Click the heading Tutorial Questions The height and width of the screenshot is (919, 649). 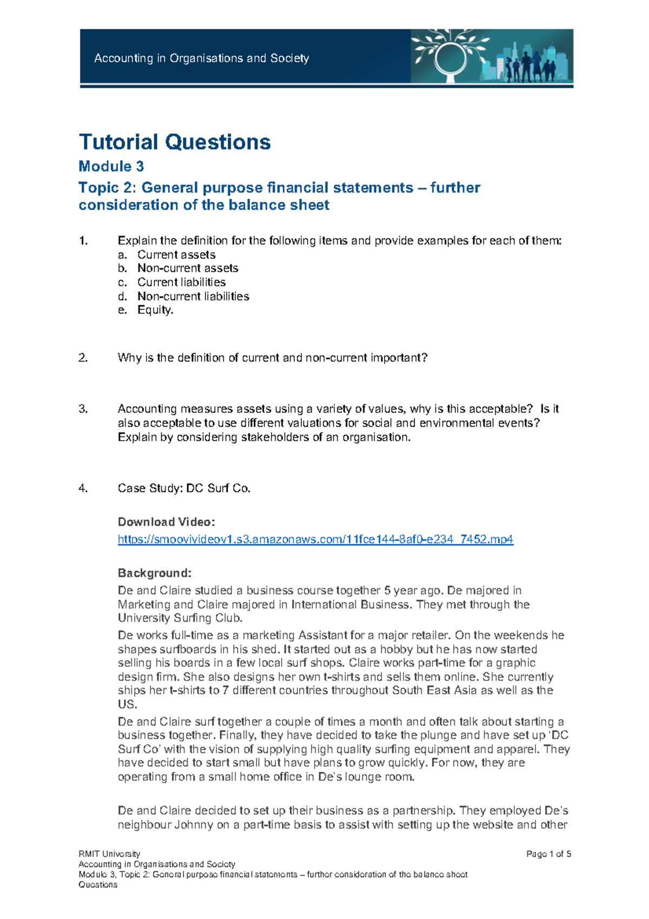point(175,142)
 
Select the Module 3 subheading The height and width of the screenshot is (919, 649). point(111,166)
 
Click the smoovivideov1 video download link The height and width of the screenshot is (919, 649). point(315,539)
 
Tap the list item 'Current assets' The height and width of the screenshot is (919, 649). point(176,254)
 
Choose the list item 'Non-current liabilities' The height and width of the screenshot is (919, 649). point(193,296)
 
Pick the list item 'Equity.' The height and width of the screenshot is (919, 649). point(155,310)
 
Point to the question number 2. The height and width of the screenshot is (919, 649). point(83,358)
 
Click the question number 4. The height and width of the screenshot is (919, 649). point(83,488)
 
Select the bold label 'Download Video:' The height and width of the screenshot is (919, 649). point(167,522)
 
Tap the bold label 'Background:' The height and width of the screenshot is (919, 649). point(155,573)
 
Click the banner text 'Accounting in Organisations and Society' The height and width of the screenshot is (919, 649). point(202,58)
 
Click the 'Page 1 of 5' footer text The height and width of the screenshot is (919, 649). point(548,854)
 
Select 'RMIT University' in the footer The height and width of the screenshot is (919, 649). point(109,854)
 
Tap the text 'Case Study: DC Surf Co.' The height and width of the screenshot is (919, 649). point(184,488)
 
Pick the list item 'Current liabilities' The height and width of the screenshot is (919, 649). point(181,282)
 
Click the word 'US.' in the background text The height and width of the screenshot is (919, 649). point(128,704)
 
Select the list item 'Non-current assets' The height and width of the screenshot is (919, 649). point(188,268)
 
